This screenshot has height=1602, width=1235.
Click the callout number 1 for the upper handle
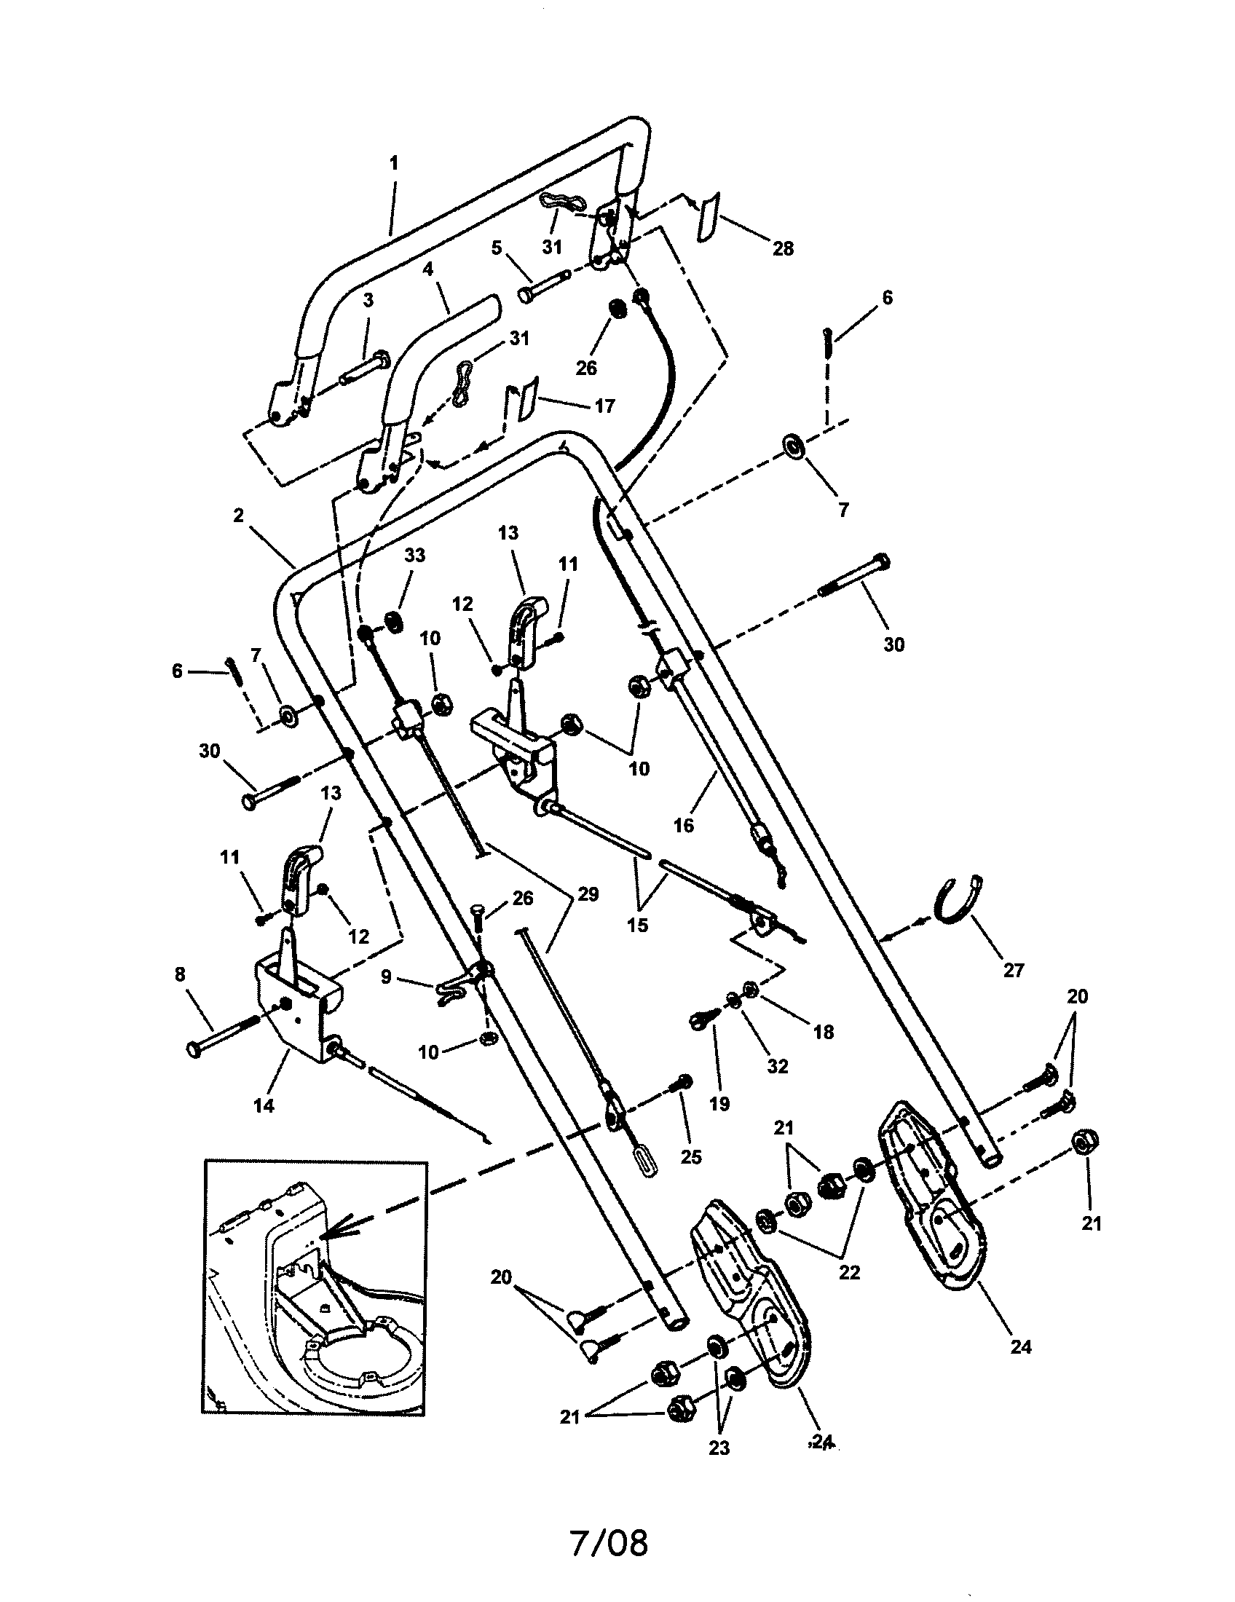click(x=394, y=163)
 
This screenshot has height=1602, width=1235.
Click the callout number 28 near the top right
click(x=783, y=248)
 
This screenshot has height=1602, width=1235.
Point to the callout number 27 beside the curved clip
click(x=1013, y=971)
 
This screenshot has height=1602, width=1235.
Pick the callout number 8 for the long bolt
click(x=180, y=974)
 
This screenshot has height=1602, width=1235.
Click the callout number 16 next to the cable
click(x=683, y=825)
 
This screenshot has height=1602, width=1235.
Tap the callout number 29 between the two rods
click(x=588, y=894)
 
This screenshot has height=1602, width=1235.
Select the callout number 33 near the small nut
click(x=414, y=556)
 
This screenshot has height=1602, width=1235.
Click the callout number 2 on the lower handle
click(x=238, y=516)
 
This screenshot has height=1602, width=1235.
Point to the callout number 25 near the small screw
click(x=691, y=1158)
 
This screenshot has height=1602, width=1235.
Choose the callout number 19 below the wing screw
click(x=719, y=1103)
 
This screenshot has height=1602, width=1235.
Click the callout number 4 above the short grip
click(x=427, y=269)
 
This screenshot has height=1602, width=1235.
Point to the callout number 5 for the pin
click(x=497, y=247)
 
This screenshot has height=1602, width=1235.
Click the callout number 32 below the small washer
click(x=778, y=1066)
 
